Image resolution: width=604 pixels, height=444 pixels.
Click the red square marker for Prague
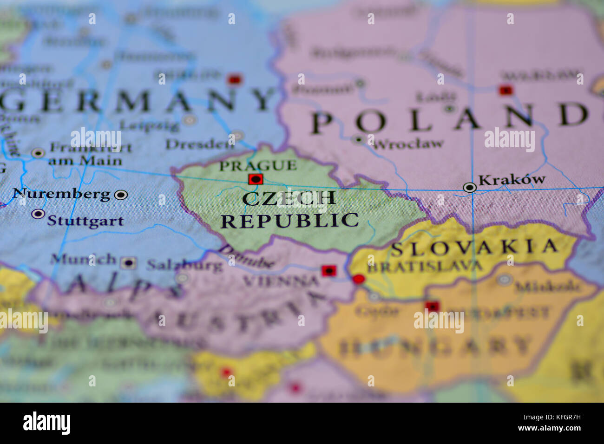click(x=256, y=179)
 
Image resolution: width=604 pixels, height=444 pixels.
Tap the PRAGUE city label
click(x=258, y=165)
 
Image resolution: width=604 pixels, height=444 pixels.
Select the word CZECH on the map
click(x=289, y=198)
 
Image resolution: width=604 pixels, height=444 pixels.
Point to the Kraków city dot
click(x=470, y=188)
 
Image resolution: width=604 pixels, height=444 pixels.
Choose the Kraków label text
click(x=512, y=179)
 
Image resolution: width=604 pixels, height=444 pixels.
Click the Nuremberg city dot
click(x=121, y=195)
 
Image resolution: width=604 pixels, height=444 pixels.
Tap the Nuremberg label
click(x=62, y=194)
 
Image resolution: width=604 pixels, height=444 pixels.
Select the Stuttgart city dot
click(x=38, y=214)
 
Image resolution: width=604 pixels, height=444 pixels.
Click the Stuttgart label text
click(x=85, y=220)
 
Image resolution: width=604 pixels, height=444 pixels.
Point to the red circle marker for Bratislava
click(x=358, y=279)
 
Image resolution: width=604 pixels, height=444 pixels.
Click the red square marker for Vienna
click(x=329, y=270)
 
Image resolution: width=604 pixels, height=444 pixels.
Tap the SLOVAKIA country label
click(x=474, y=247)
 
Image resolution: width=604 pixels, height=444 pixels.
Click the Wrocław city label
click(x=408, y=144)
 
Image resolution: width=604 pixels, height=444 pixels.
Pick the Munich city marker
click(x=128, y=263)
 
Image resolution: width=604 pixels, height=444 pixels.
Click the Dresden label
click(x=200, y=144)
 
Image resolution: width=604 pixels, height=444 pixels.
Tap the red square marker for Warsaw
click(x=506, y=90)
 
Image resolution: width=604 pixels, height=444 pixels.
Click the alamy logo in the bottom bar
click(x=46, y=423)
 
